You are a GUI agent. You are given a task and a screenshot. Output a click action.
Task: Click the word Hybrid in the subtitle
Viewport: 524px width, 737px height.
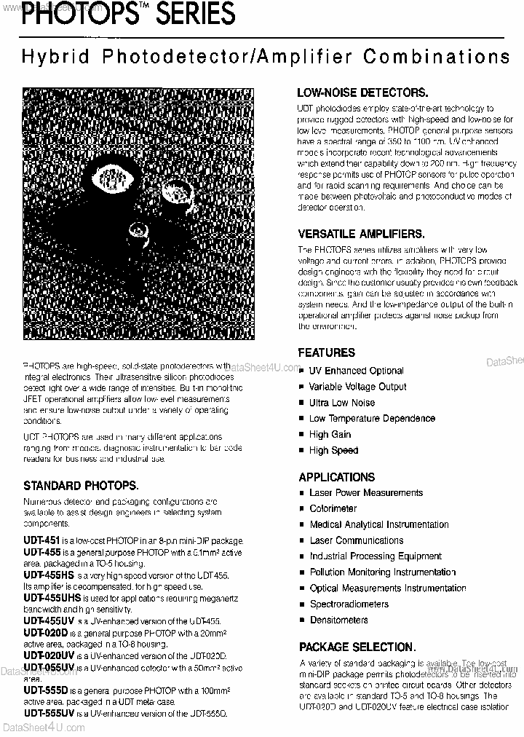tap(48, 58)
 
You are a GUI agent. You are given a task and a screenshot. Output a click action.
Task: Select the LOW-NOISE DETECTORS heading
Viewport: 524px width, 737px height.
tap(362, 92)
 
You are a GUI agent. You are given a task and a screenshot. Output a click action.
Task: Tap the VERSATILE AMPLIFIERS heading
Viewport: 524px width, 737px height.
tap(361, 234)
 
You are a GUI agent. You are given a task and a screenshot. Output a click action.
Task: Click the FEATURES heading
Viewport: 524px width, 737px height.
tap(326, 352)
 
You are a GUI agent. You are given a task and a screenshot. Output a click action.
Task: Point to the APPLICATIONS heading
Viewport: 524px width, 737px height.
tap(336, 477)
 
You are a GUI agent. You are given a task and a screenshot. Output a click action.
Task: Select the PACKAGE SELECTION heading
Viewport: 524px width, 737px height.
tap(357, 647)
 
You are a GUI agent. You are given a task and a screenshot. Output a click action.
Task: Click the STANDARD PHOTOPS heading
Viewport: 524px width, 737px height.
tap(81, 484)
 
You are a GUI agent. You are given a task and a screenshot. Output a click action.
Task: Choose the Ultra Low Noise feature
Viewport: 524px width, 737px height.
tap(341, 403)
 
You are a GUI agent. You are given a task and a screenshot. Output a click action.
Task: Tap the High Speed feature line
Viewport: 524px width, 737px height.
tap(333, 451)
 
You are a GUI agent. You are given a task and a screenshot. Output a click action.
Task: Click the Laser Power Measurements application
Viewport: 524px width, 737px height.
tap(366, 493)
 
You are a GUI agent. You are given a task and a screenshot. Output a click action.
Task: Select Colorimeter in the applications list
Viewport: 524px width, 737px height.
tap(333, 508)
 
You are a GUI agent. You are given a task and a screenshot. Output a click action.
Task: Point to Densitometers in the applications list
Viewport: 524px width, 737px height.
tap(338, 620)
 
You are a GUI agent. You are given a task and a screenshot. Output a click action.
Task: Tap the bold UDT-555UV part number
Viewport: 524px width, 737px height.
tap(49, 714)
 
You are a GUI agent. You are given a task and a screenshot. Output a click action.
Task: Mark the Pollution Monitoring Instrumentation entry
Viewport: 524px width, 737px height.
tap(383, 572)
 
